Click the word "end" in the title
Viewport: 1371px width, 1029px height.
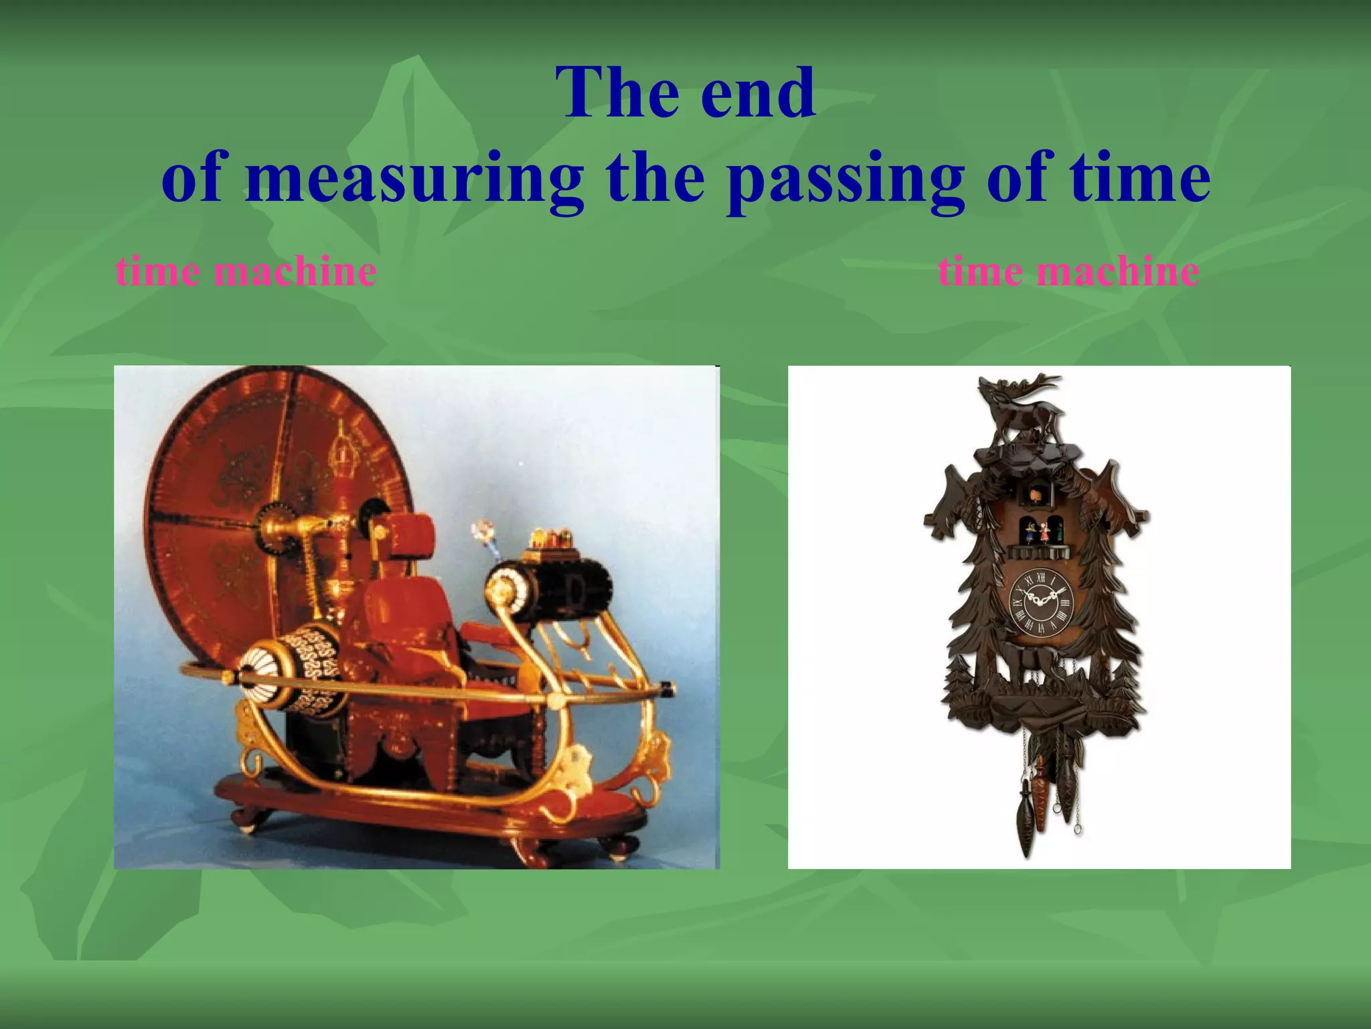coord(758,94)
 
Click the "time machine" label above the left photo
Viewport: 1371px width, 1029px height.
coord(246,272)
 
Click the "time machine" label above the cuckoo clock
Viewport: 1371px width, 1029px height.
coord(1068,272)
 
